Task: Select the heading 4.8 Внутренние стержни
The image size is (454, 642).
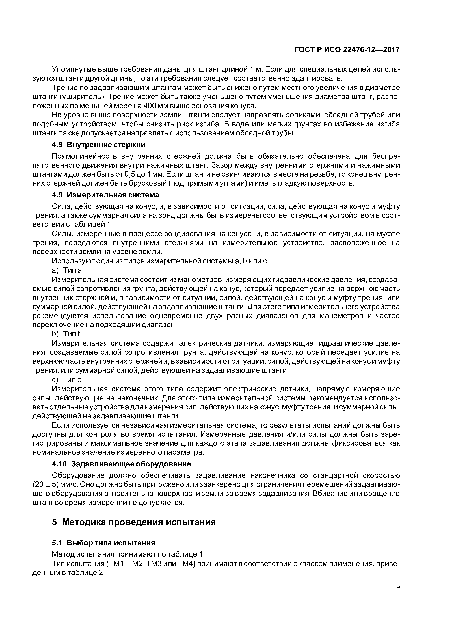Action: [x=98, y=145]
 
